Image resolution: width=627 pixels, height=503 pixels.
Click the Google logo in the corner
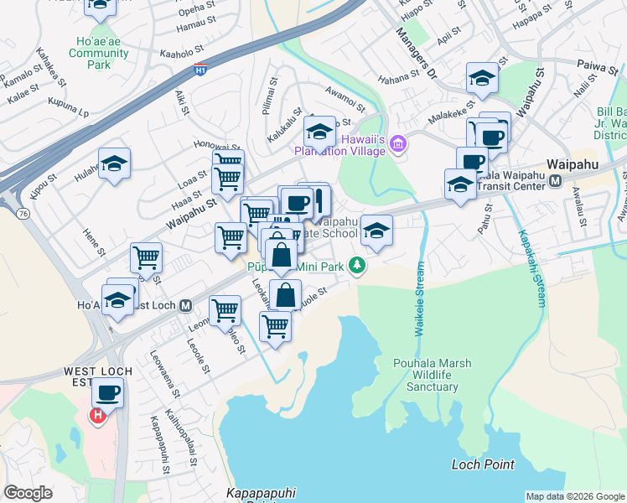(x=28, y=493)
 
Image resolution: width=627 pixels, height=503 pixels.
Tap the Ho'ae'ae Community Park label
(x=99, y=53)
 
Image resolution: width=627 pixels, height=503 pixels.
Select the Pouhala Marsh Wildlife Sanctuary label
(x=433, y=375)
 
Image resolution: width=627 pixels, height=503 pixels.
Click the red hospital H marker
(x=99, y=414)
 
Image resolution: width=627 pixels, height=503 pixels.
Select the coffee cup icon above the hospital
(x=107, y=392)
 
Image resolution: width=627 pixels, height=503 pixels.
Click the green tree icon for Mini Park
(x=357, y=265)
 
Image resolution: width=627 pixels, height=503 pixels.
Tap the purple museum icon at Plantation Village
(x=396, y=147)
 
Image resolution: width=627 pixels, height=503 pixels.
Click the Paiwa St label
(x=597, y=65)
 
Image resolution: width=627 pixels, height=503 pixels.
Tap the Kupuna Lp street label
(x=69, y=109)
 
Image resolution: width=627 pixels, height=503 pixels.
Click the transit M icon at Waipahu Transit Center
(x=555, y=180)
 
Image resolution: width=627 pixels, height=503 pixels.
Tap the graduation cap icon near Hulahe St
(x=114, y=163)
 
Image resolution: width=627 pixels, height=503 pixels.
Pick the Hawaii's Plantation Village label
(x=339, y=144)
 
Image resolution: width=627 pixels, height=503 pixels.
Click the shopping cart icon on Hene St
(x=146, y=257)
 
